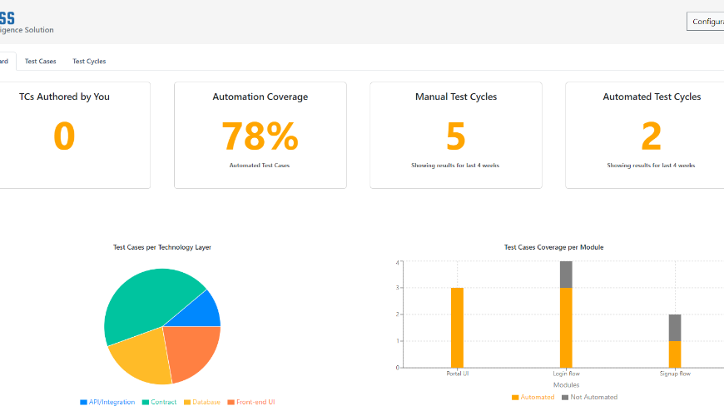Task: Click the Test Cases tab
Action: (x=40, y=62)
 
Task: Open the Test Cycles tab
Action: (x=89, y=62)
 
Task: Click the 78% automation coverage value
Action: (x=260, y=136)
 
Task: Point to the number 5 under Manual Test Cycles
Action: (x=455, y=136)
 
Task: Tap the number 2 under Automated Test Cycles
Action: (x=652, y=136)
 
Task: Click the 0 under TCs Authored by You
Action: (x=64, y=136)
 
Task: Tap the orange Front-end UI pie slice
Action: (x=192, y=350)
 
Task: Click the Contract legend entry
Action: (x=162, y=402)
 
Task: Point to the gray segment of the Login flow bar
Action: (x=566, y=275)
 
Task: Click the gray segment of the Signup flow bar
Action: (x=675, y=327)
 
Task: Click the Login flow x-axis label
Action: (x=567, y=374)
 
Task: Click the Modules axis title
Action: (x=566, y=385)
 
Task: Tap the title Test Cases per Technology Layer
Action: (x=162, y=247)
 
